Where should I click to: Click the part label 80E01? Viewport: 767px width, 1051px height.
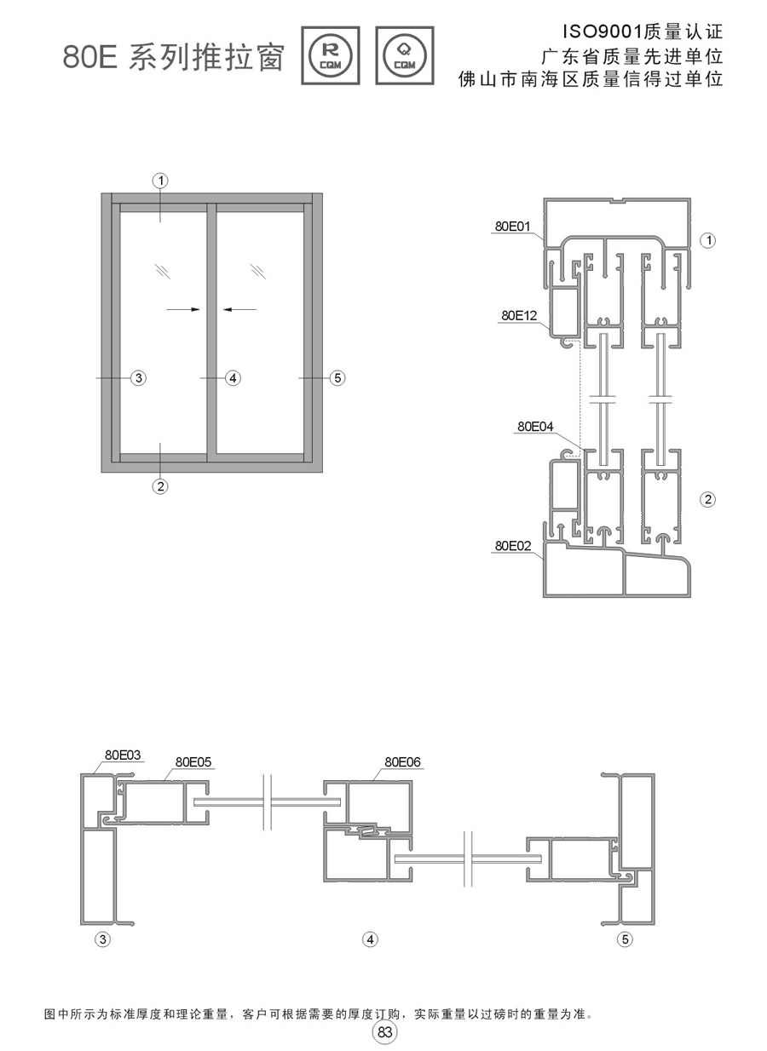point(512,227)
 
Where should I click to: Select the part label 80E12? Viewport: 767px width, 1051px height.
point(519,315)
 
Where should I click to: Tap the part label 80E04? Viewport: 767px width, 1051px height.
point(535,427)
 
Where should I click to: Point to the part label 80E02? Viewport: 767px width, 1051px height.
point(512,546)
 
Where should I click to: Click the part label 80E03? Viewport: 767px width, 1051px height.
point(123,755)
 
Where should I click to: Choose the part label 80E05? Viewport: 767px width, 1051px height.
point(193,762)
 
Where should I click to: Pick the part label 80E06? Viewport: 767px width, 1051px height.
point(402,762)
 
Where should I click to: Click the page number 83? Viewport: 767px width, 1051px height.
point(384,1032)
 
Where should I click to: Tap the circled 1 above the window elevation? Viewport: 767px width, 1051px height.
point(160,181)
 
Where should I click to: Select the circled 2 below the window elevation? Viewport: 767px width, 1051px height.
point(160,486)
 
